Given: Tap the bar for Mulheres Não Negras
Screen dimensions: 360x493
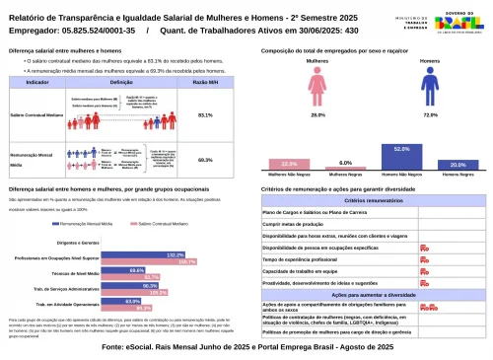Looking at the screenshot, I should pos(289,164).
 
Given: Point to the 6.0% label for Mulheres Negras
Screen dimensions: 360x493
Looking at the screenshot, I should pos(345,163).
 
